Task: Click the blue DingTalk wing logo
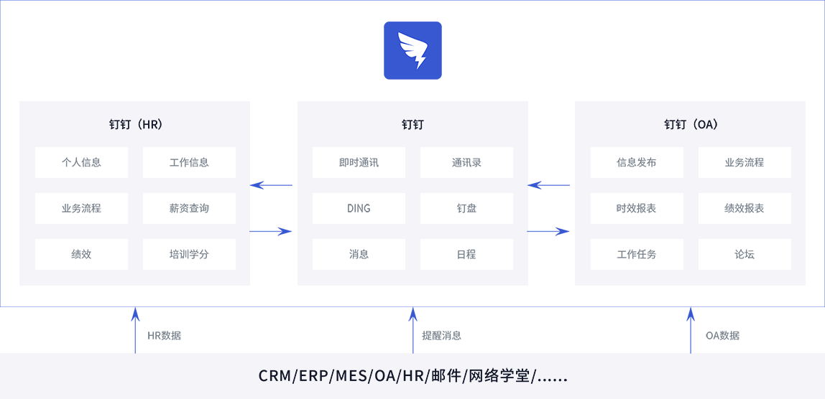point(412,50)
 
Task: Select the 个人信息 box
point(81,163)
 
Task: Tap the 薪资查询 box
point(189,209)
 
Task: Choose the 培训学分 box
point(189,255)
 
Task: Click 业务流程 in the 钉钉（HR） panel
point(81,209)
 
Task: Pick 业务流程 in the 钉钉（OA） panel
point(745,163)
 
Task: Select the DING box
point(359,209)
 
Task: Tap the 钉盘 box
point(466,209)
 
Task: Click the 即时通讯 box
point(359,163)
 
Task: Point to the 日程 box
point(466,255)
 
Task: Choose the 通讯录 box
point(466,163)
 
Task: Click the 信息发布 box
point(637,163)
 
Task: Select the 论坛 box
point(745,255)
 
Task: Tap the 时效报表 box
point(637,209)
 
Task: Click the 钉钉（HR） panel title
point(135,125)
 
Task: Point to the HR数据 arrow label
point(165,335)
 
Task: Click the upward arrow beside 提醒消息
point(413,330)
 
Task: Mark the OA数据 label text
point(722,335)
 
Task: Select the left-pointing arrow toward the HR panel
point(272,186)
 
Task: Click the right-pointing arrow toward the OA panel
point(549,231)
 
